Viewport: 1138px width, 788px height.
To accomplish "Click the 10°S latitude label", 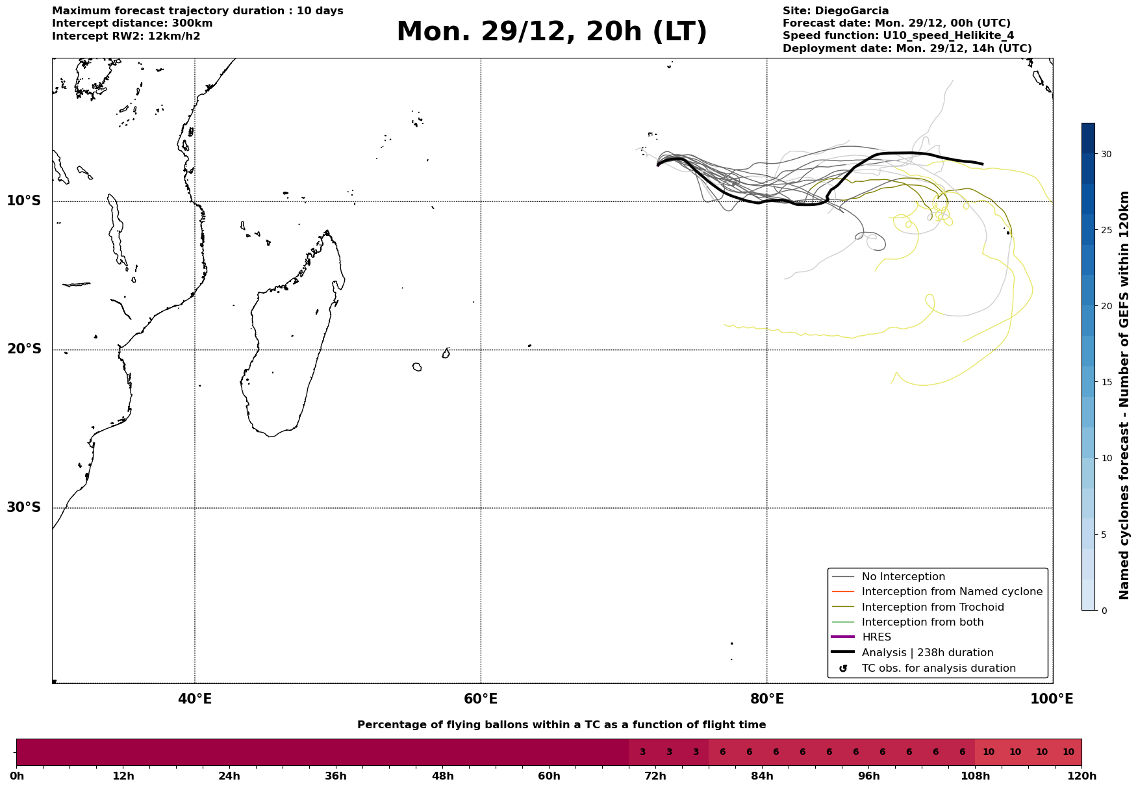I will click(x=24, y=201).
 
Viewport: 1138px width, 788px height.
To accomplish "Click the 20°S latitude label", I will click(x=24, y=350).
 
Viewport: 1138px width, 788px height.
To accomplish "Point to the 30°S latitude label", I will click(x=24, y=507).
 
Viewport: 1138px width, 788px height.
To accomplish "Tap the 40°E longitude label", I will click(x=195, y=699).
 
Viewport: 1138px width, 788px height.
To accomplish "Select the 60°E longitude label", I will click(x=481, y=699).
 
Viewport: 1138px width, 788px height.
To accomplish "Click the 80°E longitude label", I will click(x=766, y=699).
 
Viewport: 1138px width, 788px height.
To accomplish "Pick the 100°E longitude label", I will click(x=1052, y=699).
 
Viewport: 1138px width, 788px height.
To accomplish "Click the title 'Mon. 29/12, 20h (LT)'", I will click(x=551, y=32).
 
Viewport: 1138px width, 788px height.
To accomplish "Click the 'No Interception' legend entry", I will click(x=903, y=577).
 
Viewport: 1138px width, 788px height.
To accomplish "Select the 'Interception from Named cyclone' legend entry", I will click(x=952, y=592).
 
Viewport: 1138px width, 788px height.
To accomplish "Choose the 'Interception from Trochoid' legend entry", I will click(x=933, y=607).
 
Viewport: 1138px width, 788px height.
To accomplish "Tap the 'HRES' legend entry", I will click(x=876, y=637).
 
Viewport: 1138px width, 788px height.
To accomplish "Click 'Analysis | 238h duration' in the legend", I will click(x=928, y=653).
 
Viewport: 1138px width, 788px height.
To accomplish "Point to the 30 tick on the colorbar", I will click(x=1106, y=154).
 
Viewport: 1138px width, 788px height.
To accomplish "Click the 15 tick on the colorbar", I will click(x=1106, y=382).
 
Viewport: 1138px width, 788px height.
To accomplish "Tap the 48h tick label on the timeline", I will click(x=442, y=776).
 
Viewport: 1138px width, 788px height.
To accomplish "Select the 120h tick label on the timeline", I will click(x=1081, y=776).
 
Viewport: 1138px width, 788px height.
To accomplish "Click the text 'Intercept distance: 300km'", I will click(x=133, y=23).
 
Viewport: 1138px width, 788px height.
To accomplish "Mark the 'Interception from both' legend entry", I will click(x=922, y=622).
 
